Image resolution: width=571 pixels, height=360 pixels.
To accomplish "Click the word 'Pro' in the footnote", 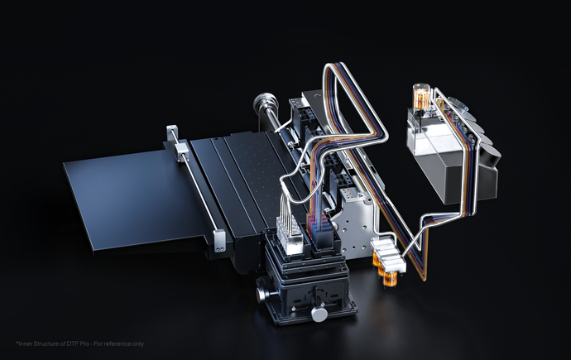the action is tap(84, 343).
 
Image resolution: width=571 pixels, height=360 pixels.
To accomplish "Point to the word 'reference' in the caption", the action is tap(116, 343).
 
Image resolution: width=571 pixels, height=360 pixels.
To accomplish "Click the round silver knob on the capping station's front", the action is tap(319, 314).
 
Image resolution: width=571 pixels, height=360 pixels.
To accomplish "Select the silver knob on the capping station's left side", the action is tap(262, 295).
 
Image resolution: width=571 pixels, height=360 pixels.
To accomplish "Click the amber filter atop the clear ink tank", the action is tap(421, 95).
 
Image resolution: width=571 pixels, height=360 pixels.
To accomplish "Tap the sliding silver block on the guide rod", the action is tap(181, 151).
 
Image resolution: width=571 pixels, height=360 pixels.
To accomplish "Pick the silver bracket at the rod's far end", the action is tap(171, 133).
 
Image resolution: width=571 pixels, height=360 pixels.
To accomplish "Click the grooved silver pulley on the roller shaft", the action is tap(265, 103).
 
